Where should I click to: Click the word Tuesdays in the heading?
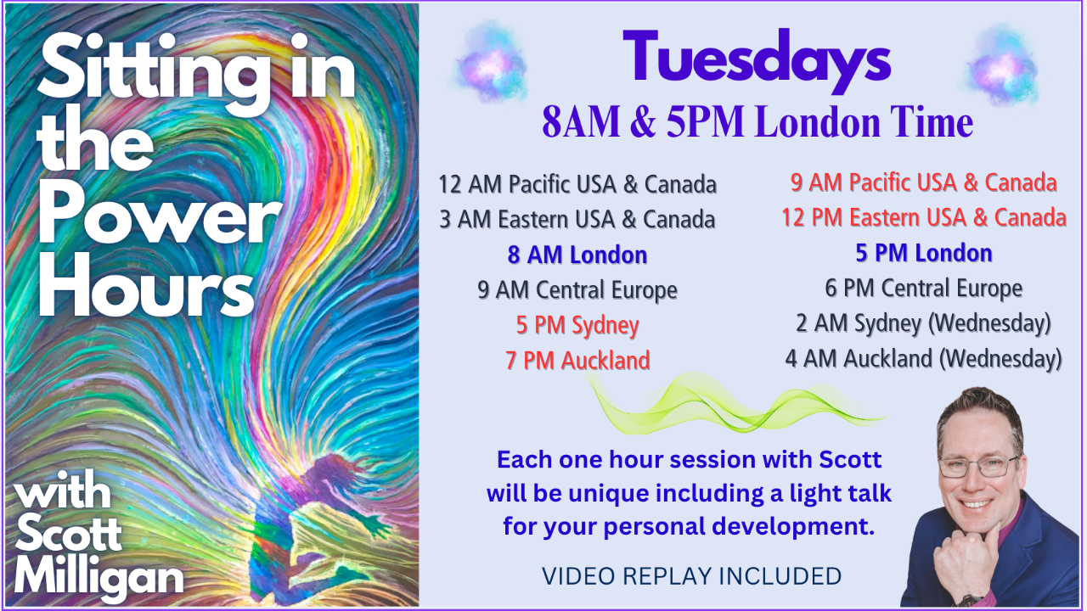tap(757, 60)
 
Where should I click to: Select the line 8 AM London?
tap(577, 255)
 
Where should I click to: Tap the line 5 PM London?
tap(924, 253)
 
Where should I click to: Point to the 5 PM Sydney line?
tap(577, 325)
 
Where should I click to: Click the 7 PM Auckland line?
tap(577, 361)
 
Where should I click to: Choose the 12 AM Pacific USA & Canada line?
tap(577, 184)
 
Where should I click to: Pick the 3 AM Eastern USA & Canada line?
tap(577, 219)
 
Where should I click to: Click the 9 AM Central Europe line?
tap(577, 290)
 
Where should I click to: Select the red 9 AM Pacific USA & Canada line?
tap(924, 182)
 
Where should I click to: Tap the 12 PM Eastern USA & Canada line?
tap(924, 217)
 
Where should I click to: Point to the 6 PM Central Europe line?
tap(924, 288)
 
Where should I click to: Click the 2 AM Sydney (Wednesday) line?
tap(924, 323)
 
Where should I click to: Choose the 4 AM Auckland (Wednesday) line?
tap(924, 359)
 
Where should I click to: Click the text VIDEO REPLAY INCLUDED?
tap(692, 576)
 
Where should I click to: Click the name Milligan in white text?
tap(99, 577)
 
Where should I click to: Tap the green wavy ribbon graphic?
tap(738, 402)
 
